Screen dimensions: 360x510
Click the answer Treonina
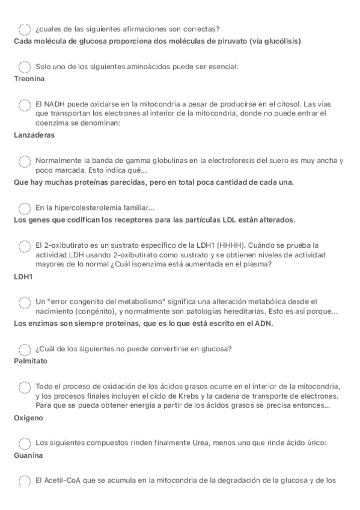point(29,78)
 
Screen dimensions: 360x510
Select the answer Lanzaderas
point(34,135)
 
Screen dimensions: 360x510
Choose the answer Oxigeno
point(29,418)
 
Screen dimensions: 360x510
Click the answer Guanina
point(28,456)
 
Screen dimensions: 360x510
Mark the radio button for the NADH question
point(25,105)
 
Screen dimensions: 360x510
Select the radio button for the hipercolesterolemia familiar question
point(25,208)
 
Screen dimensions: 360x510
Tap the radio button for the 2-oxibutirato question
point(25,246)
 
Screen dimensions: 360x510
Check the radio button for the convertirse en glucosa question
point(25,350)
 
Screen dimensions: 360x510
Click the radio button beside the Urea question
point(25,444)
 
